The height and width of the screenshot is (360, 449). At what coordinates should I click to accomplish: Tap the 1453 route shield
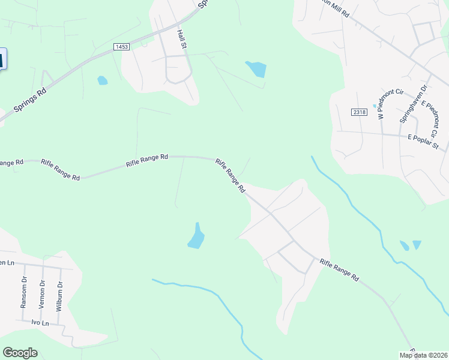pyautogui.click(x=121, y=46)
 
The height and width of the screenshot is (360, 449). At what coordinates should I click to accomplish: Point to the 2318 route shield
pyautogui.click(x=359, y=112)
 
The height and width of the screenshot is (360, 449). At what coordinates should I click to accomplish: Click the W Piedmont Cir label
pyautogui.click(x=381, y=104)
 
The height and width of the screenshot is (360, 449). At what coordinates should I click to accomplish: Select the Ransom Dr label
pyautogui.click(x=24, y=292)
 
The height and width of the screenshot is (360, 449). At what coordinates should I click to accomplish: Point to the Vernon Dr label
pyautogui.click(x=42, y=294)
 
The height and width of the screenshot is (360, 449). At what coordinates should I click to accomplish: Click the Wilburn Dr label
pyautogui.click(x=59, y=294)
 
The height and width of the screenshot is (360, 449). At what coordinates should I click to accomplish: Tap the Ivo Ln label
pyautogui.click(x=40, y=322)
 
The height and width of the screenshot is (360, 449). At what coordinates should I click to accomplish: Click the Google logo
pyautogui.click(x=20, y=353)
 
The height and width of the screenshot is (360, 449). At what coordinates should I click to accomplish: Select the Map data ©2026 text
pyautogui.click(x=424, y=355)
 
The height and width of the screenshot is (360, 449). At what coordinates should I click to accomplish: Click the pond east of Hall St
pyautogui.click(x=256, y=69)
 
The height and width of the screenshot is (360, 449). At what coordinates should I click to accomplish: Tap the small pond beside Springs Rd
pyautogui.click(x=103, y=80)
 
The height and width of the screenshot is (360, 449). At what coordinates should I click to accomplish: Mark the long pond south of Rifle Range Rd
pyautogui.click(x=196, y=236)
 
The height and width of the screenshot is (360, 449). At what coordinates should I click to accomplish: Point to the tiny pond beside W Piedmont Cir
pyautogui.click(x=374, y=106)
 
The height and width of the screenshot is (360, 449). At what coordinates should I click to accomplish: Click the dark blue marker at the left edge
pyautogui.click(x=2, y=59)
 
